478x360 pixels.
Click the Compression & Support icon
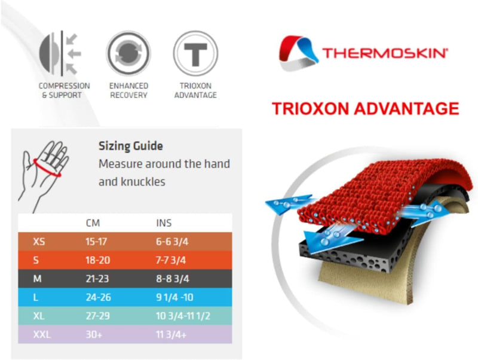[x=60, y=53]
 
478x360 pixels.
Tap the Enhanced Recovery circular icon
[x=128, y=53]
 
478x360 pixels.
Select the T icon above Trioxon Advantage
[x=195, y=53]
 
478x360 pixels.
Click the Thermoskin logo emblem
[x=298, y=53]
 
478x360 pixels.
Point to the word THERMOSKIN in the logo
[x=385, y=53]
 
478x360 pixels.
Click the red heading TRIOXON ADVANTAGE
[x=365, y=109]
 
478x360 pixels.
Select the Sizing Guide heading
[x=130, y=146]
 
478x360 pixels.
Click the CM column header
[x=93, y=223]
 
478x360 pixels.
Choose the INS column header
[x=164, y=223]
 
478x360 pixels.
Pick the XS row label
[x=39, y=242]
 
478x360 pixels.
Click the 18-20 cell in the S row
[x=97, y=260]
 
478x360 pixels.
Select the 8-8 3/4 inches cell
[x=173, y=279]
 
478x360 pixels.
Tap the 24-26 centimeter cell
[x=98, y=297]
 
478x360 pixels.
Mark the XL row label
[x=39, y=316]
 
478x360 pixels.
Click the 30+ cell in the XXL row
[x=94, y=335]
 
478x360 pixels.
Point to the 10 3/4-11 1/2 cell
[x=183, y=316]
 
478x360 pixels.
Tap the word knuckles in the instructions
[x=143, y=182]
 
